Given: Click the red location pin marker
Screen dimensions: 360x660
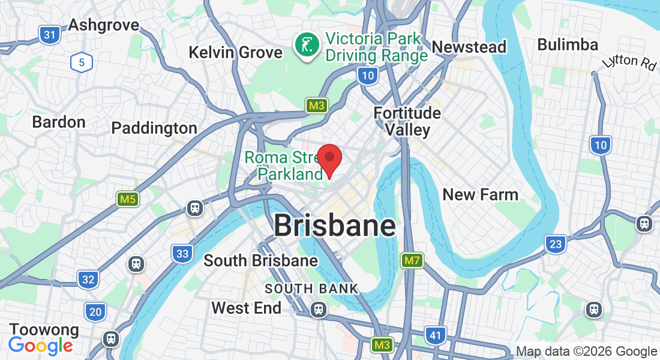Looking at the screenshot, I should click(x=329, y=160).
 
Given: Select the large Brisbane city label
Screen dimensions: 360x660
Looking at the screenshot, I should click(x=334, y=226).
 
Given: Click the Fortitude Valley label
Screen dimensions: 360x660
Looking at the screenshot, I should click(x=407, y=121).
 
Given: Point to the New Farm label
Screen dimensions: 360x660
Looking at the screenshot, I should click(x=480, y=194).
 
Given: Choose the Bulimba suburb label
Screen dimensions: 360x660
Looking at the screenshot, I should click(x=567, y=45).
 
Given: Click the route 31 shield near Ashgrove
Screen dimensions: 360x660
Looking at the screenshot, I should click(x=50, y=35).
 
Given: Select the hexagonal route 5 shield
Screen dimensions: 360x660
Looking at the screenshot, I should click(x=81, y=62).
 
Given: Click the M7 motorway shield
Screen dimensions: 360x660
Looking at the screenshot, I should click(x=412, y=260).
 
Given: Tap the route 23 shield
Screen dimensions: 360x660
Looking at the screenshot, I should click(x=556, y=244).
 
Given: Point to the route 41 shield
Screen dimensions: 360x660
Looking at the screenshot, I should click(x=434, y=334).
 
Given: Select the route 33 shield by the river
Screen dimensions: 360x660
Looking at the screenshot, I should click(x=182, y=253).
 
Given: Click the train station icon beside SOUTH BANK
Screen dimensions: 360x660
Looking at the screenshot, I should click(x=318, y=309).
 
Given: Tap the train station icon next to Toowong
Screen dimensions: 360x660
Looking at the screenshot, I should click(x=110, y=339).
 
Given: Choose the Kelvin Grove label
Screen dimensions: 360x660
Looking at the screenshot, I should click(x=235, y=52).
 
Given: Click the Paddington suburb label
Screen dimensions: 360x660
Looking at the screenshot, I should click(x=154, y=128).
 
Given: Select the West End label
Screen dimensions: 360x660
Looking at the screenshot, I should click(x=246, y=308).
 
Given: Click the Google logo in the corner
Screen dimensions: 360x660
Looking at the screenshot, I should click(x=40, y=346).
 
